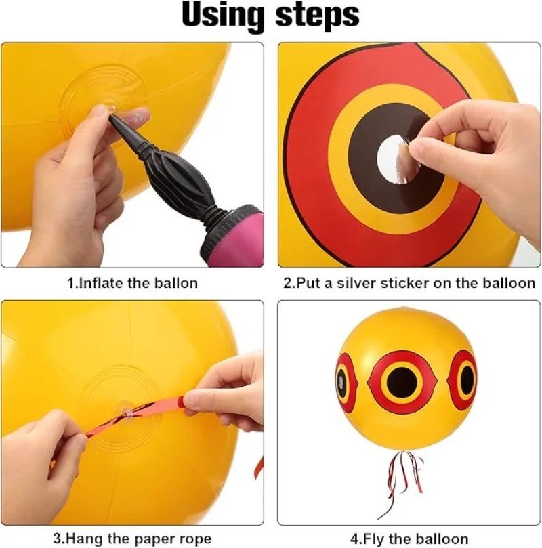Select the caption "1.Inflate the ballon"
tap(132, 283)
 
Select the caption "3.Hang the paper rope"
tap(132, 539)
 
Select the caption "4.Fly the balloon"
tap(409, 539)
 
